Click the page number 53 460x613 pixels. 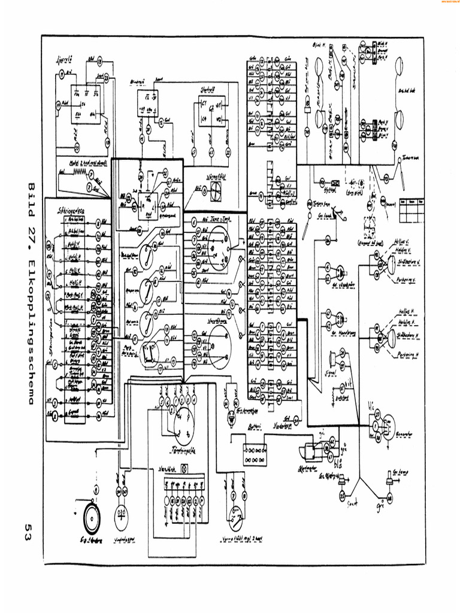tap(28, 530)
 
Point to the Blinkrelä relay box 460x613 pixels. tap(146, 102)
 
